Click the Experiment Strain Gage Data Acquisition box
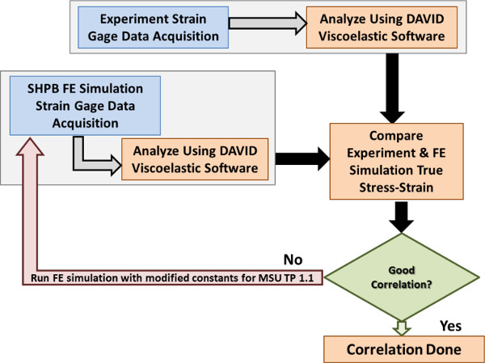point(153,27)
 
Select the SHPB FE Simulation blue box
point(85,106)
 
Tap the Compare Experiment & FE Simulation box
point(396,161)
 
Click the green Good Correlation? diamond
point(401,277)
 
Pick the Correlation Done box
point(404,349)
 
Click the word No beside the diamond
point(293,260)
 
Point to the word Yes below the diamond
point(450,326)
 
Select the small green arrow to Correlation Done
point(401,328)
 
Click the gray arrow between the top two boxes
point(268,23)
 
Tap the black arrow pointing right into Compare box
point(302,159)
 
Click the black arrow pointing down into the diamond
point(401,217)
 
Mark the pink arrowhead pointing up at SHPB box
point(30,146)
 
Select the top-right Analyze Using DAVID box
point(382,27)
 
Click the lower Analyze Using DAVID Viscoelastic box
point(195,159)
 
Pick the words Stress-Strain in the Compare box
point(396,188)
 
